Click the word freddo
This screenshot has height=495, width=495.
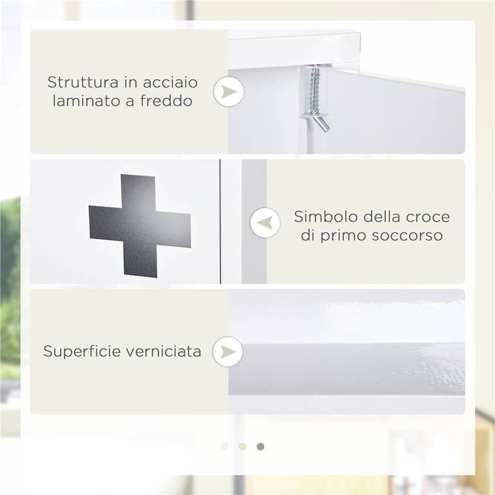click(164, 100)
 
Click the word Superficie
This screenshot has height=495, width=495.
click(82, 351)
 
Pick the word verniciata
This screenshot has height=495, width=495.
click(164, 351)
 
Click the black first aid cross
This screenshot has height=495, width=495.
click(140, 225)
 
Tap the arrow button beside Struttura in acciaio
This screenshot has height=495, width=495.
click(228, 92)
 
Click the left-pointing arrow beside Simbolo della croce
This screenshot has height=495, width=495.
click(265, 223)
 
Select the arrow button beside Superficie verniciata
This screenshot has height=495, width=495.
click(228, 351)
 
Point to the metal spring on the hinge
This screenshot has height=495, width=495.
click(315, 87)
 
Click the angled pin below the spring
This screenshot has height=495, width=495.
click(321, 122)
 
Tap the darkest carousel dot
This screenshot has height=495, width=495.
click(260, 447)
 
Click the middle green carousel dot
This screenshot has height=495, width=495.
click(243, 447)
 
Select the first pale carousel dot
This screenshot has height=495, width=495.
click(225, 447)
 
